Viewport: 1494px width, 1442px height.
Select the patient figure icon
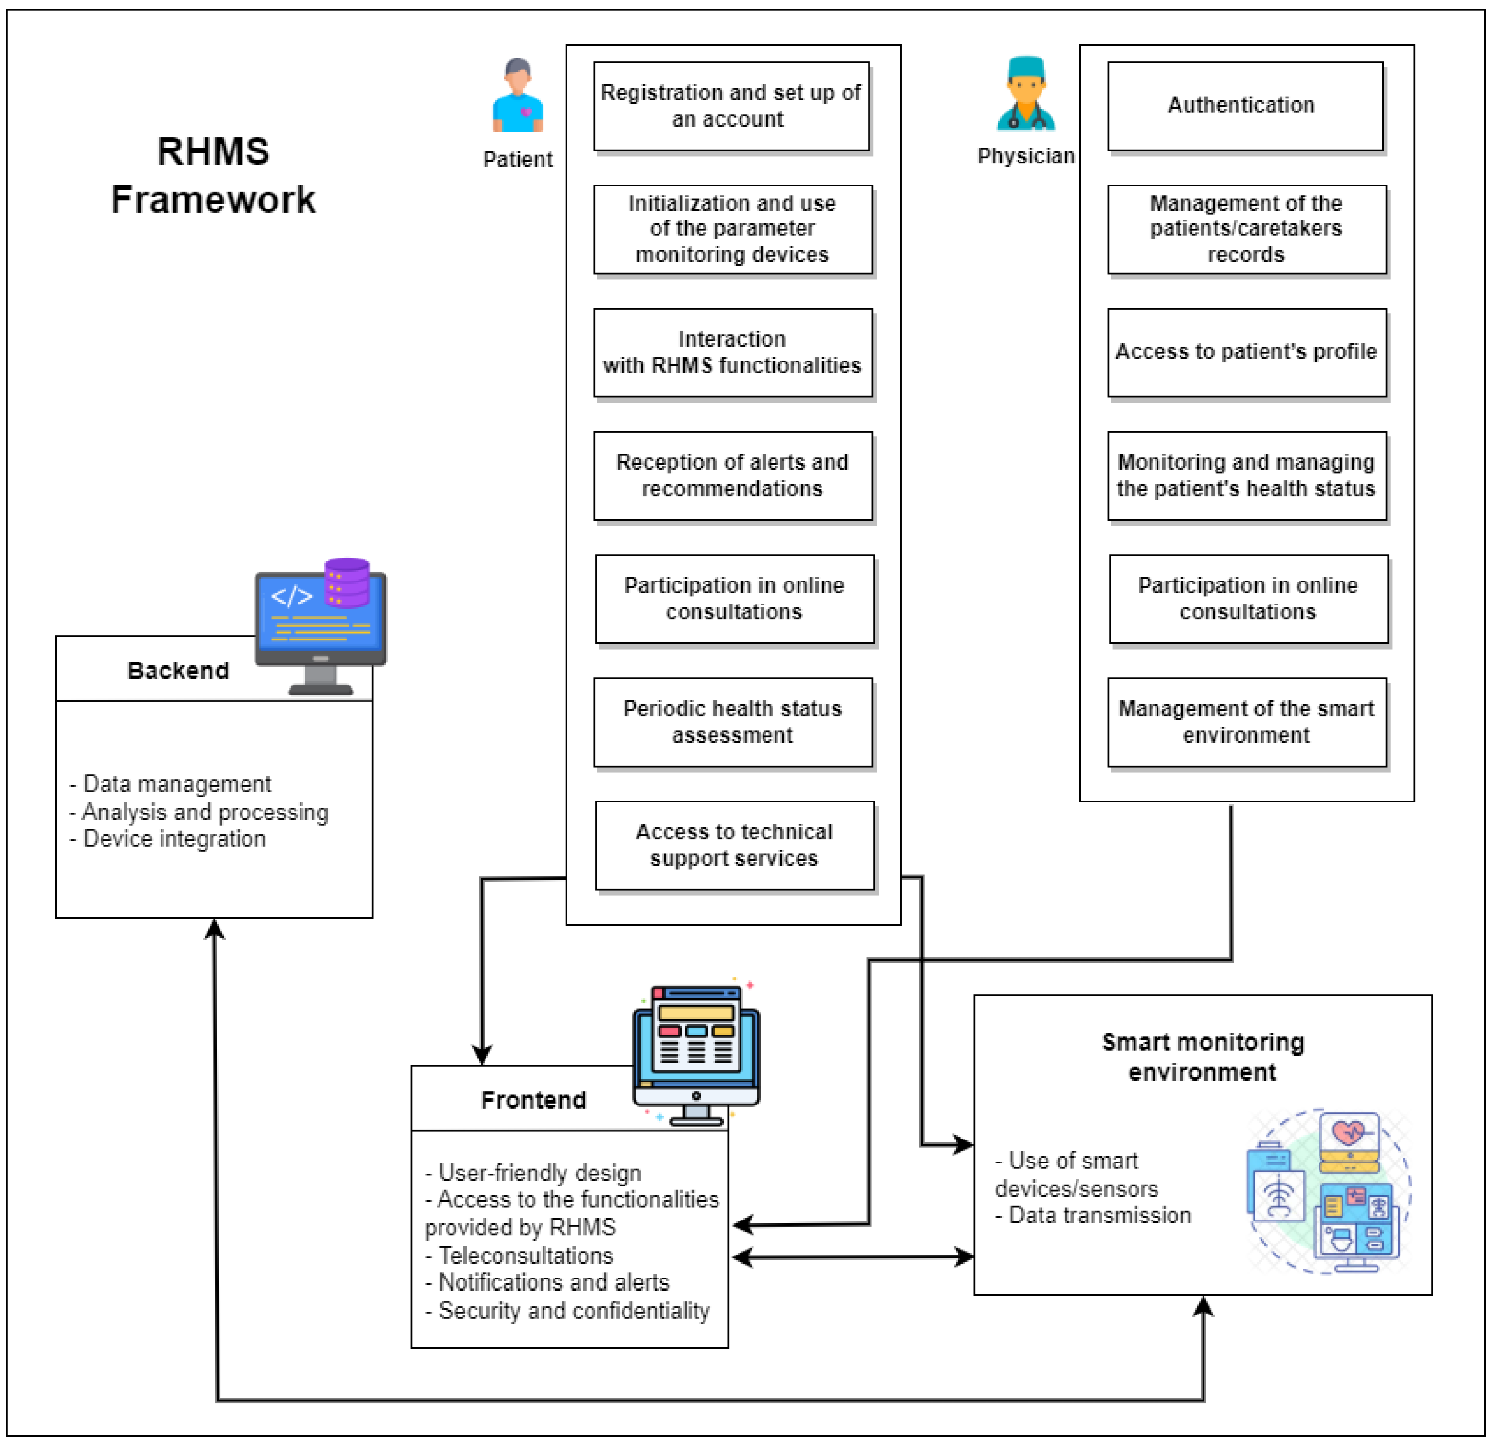518,96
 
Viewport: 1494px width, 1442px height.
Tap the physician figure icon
1026,94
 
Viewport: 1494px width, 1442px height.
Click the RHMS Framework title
213,175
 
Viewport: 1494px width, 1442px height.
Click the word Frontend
533,1100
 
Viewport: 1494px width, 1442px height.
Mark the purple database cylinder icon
347,582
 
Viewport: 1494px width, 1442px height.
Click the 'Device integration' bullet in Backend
174,839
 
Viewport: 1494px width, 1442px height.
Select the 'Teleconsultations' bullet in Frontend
526,1255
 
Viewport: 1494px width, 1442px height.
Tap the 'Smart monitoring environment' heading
1203,1057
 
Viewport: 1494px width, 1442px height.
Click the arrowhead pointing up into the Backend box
215,928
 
